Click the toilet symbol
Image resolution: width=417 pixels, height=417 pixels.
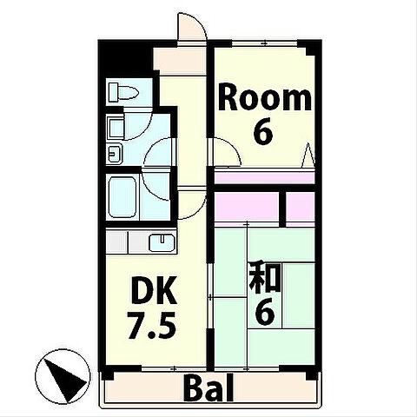click(x=123, y=92)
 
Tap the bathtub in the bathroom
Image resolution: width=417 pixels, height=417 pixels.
click(x=122, y=197)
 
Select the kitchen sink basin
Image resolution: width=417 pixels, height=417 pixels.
click(x=162, y=242)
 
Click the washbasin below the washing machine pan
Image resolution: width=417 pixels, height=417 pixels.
click(x=115, y=154)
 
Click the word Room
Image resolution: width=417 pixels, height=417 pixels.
click(x=265, y=98)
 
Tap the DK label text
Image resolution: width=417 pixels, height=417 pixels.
click(x=154, y=290)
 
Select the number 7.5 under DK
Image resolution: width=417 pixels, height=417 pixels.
click(x=152, y=325)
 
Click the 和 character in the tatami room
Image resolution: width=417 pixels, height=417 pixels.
click(x=265, y=277)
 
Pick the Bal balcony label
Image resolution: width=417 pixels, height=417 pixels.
click(x=208, y=388)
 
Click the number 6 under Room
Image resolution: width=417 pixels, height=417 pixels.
click(x=263, y=132)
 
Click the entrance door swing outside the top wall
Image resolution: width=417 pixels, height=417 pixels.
click(x=192, y=28)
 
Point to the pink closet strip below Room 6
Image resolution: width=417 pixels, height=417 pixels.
click(x=264, y=178)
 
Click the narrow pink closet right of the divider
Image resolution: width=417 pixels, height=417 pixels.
click(x=301, y=208)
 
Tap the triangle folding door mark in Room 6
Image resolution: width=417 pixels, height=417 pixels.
click(x=308, y=156)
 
